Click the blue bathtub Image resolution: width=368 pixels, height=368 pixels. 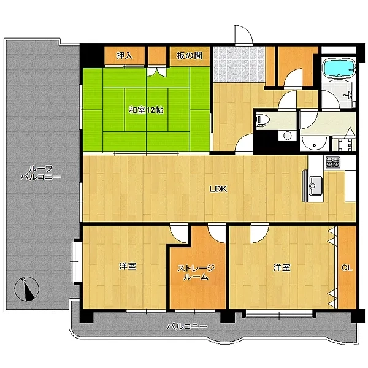pyautogui.click(x=339, y=68)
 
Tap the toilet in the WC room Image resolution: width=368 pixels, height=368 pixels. pyautogui.click(x=263, y=120)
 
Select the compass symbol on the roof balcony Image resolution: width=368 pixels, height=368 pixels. pyautogui.click(x=27, y=289)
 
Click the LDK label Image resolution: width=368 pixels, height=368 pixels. pyautogui.click(x=218, y=189)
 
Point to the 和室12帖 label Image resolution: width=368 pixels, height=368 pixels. pyautogui.click(x=146, y=110)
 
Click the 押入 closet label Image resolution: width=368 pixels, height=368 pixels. pyautogui.click(x=125, y=55)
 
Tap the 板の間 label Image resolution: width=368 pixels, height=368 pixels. pyautogui.click(x=189, y=55)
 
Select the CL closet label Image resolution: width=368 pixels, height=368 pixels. pyautogui.click(x=347, y=268)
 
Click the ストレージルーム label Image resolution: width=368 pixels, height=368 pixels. pyautogui.click(x=196, y=272)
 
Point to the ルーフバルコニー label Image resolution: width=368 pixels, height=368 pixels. pyautogui.click(x=40, y=172)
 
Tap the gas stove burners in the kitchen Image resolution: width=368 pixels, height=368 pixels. pyautogui.click(x=332, y=162)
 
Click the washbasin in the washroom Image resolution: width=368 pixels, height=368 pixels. pyautogui.click(x=314, y=143)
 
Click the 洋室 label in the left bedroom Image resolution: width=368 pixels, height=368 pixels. pyautogui.click(x=128, y=266)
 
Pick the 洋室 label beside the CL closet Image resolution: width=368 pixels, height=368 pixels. pyautogui.click(x=282, y=267)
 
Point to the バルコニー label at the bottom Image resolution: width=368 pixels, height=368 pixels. pyautogui.click(x=187, y=326)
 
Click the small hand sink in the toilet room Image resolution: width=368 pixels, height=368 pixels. pyautogui.click(x=288, y=136)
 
